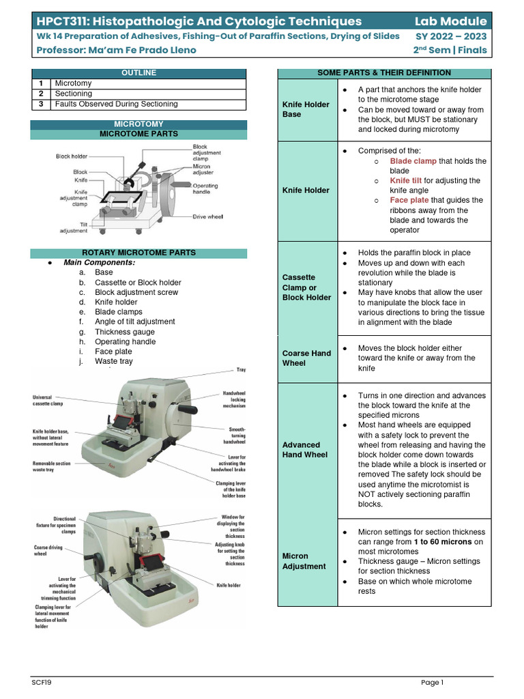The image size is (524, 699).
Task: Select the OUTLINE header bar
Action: [x=139, y=73]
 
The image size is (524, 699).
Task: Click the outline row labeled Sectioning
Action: [x=74, y=94]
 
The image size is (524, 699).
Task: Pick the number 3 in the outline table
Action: [x=41, y=104]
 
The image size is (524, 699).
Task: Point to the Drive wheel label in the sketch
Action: [x=209, y=216]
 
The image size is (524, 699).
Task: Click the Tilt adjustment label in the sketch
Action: [x=73, y=227]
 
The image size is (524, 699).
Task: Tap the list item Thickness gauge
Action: [x=124, y=332]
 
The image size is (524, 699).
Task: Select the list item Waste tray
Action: [x=114, y=361]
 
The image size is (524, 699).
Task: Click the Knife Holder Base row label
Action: [x=306, y=109]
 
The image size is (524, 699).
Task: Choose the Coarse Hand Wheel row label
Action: [x=306, y=358]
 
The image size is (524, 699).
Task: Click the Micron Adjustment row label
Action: [x=304, y=561]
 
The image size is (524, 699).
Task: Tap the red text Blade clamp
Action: [x=413, y=161]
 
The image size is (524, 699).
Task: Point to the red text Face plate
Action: [x=409, y=200]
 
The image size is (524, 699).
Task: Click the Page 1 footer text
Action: [x=432, y=682]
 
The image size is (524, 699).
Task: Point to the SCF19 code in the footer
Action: [x=42, y=682]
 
